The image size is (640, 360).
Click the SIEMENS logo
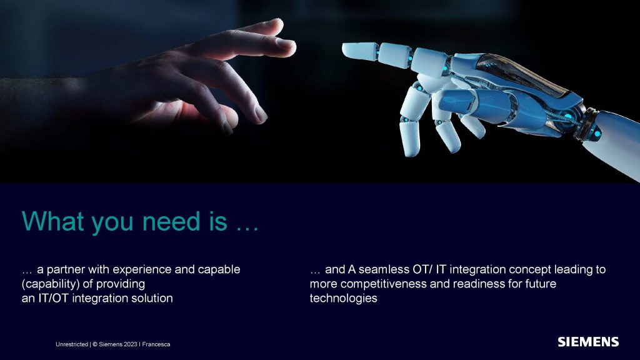point(588,342)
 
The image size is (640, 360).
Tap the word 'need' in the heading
point(171,221)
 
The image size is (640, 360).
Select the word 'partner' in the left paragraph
point(66,270)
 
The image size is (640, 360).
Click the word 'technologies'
point(343,298)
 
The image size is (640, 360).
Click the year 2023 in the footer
point(131,344)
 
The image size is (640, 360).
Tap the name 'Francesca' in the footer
point(156,344)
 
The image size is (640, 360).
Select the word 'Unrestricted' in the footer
point(72,344)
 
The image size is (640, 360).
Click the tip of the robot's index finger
point(344,50)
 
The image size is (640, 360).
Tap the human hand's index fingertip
point(292,46)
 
